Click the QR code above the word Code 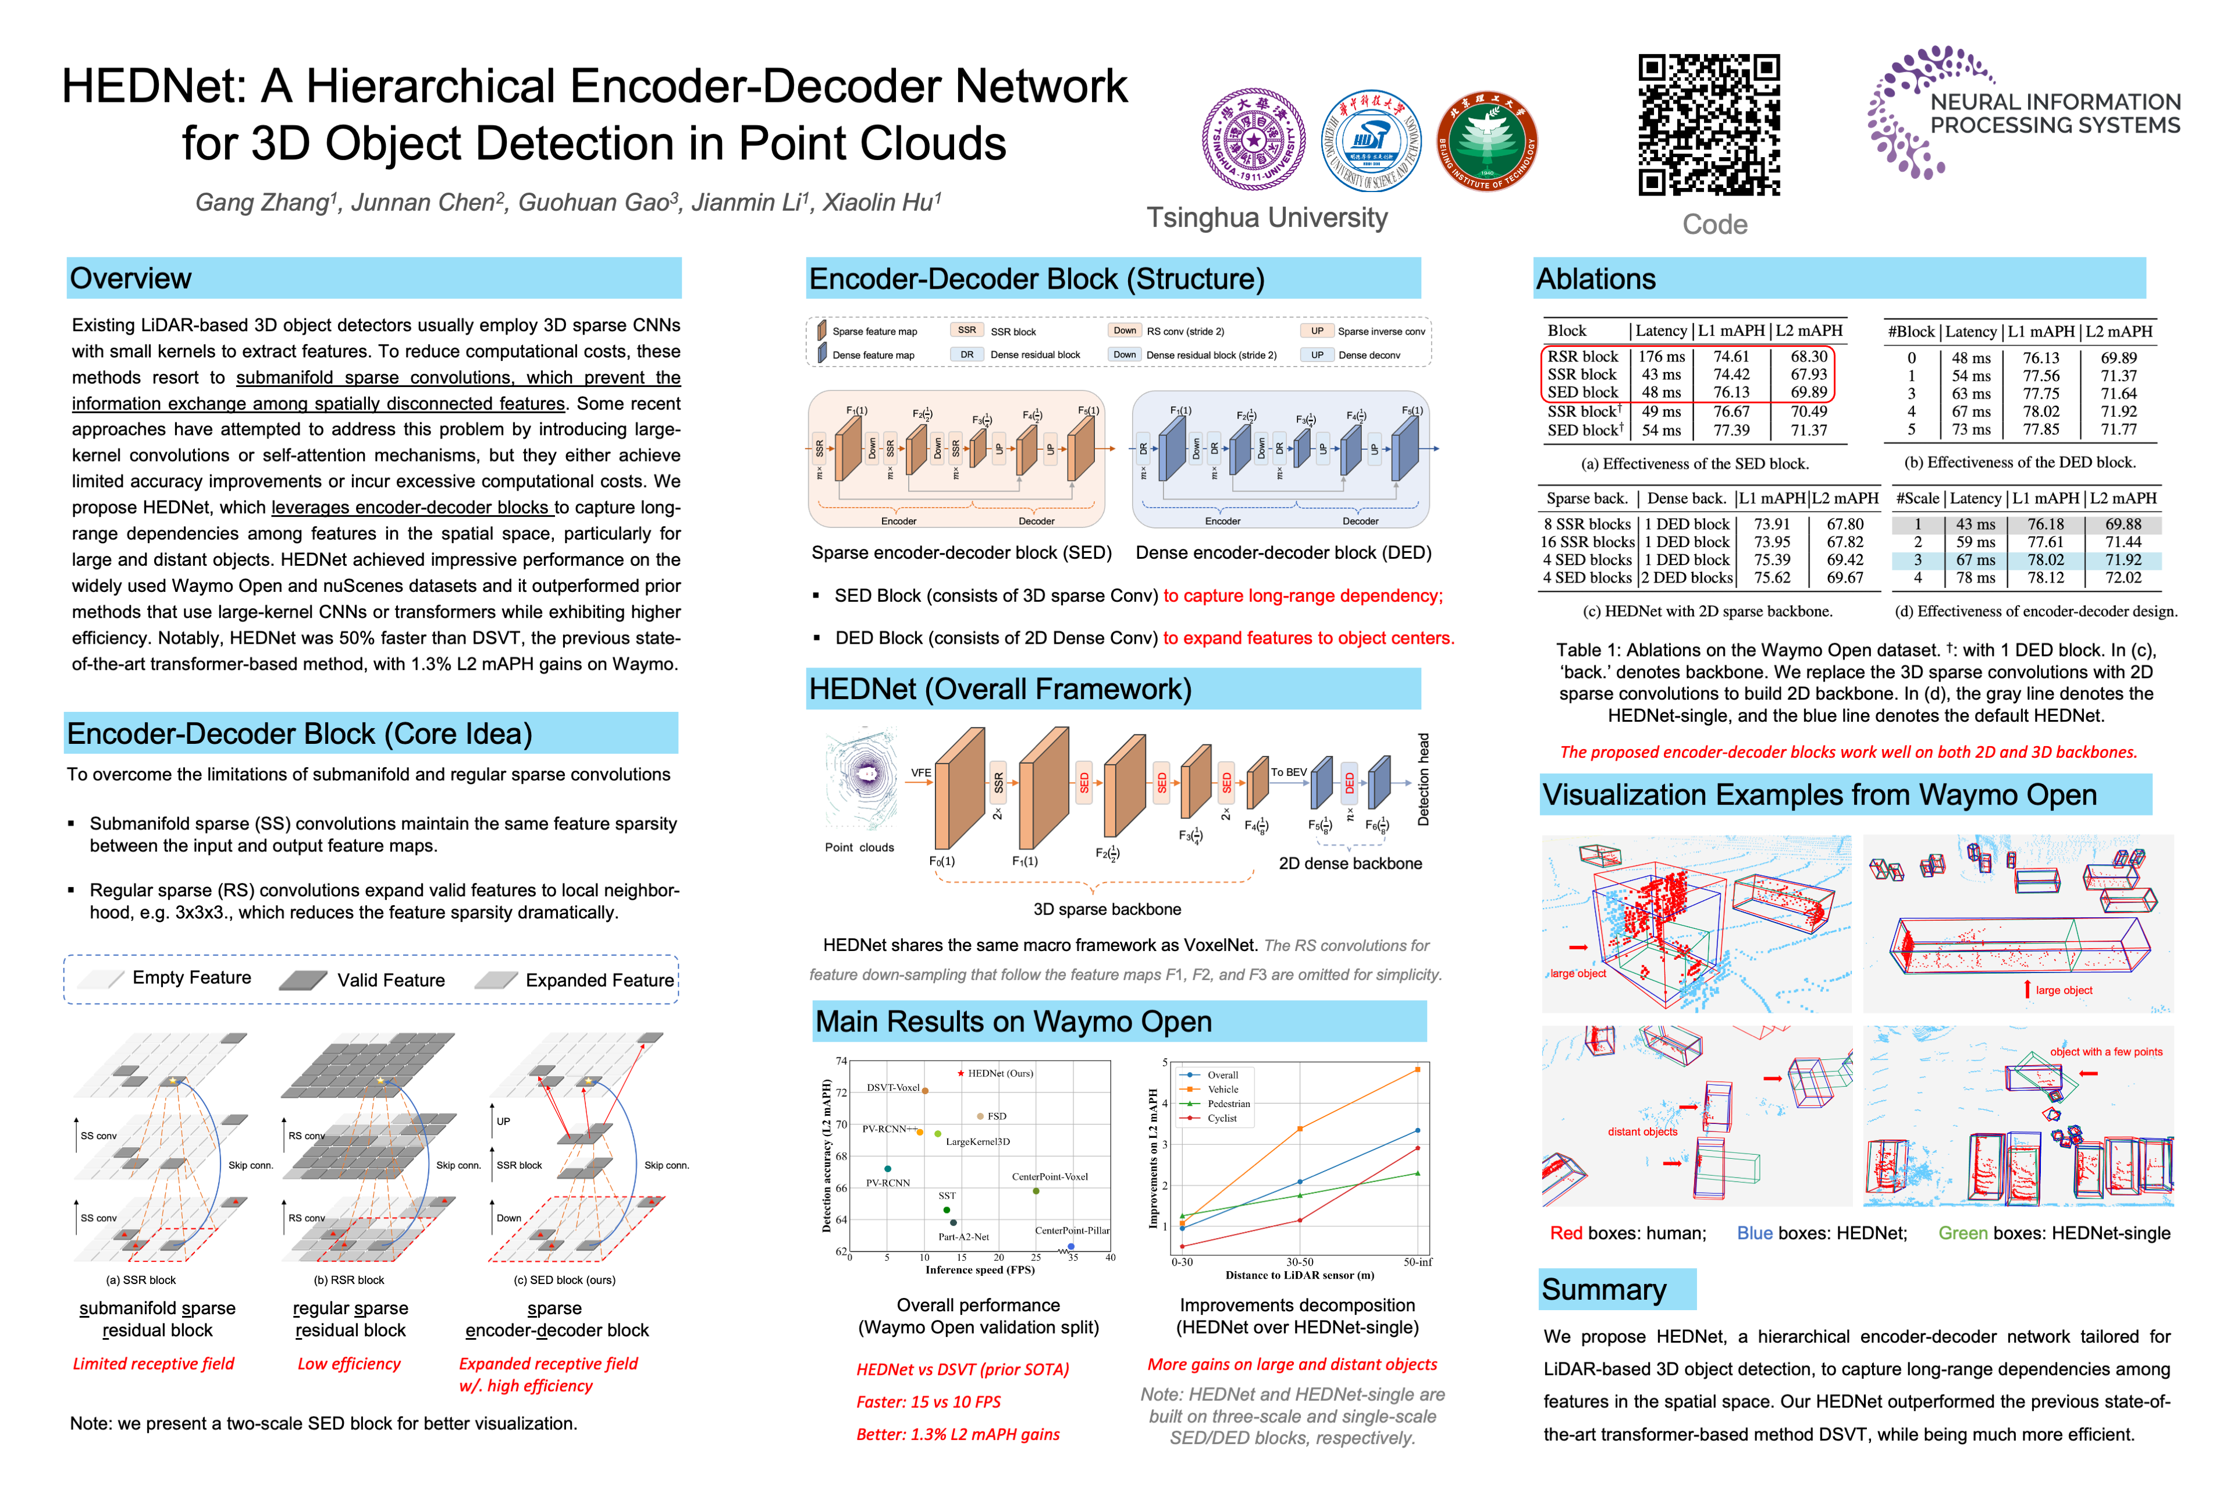pos(1708,126)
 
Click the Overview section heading pos(131,278)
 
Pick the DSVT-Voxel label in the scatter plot pos(893,1087)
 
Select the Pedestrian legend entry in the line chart pos(1228,1104)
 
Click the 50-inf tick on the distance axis pos(1417,1262)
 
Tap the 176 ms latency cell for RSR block pos(1662,356)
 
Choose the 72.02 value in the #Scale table pos(2123,578)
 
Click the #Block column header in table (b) pos(1911,332)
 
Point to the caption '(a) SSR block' pos(141,1280)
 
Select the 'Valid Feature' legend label pos(390,980)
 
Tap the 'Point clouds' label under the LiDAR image pos(859,847)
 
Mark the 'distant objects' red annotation pos(1642,1131)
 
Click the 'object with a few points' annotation pos(2106,1052)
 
